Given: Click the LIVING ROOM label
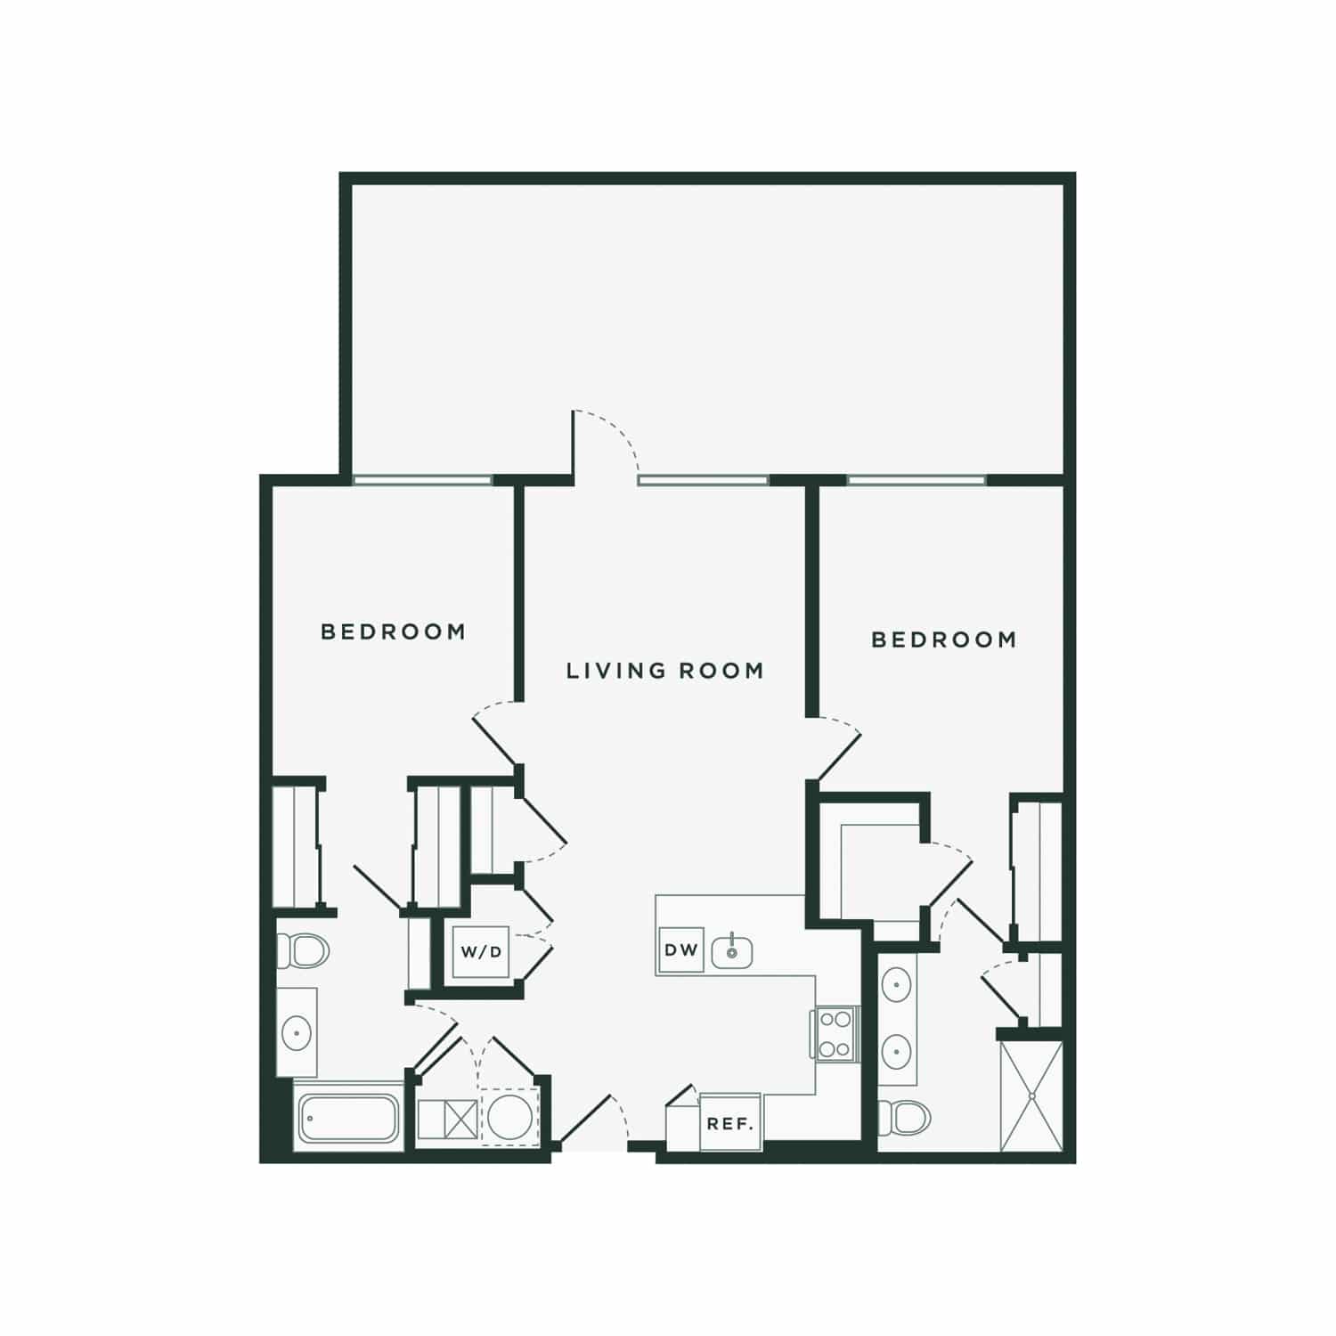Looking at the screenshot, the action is pyautogui.click(x=665, y=670).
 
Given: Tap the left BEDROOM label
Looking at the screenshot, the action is pyautogui.click(x=393, y=631).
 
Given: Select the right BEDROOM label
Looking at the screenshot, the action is pyautogui.click(x=943, y=639).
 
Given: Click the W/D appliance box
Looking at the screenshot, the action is pyautogui.click(x=481, y=952).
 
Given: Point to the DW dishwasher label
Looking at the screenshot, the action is pyautogui.click(x=681, y=949).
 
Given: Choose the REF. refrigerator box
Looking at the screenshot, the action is pyautogui.click(x=730, y=1122).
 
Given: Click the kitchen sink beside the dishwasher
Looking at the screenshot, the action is pyautogui.click(x=731, y=950).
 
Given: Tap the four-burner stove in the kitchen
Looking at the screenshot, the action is pyautogui.click(x=835, y=1033).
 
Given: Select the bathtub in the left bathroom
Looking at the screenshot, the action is pyautogui.click(x=349, y=1118).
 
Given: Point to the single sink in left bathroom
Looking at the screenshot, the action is pyautogui.click(x=296, y=1033).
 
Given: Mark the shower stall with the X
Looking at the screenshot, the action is pyautogui.click(x=1031, y=1095).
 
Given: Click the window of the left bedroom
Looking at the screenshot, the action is pyautogui.click(x=421, y=481).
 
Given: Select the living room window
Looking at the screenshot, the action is pyautogui.click(x=703, y=481).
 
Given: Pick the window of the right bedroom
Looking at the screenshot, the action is pyautogui.click(x=916, y=481).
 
